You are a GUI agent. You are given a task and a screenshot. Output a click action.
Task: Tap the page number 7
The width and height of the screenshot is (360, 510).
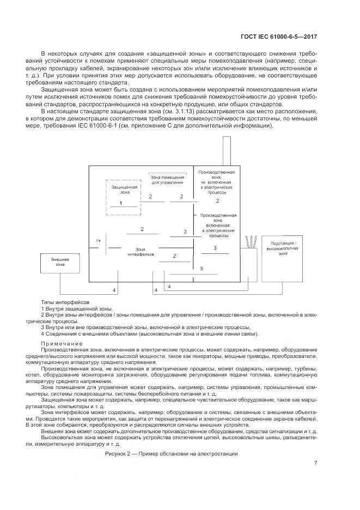pos(316,463)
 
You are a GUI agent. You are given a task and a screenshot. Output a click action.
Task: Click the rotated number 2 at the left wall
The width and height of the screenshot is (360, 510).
pos(99,240)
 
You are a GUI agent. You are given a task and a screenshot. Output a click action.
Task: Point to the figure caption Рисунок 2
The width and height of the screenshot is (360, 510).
pos(171,453)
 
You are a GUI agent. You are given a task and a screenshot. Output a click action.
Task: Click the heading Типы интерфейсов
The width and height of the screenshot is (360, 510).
pos(65,301)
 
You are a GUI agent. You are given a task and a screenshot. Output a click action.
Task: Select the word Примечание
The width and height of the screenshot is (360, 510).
pos(62,343)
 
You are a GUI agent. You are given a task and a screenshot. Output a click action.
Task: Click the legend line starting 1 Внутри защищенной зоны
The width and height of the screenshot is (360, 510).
pos(77,308)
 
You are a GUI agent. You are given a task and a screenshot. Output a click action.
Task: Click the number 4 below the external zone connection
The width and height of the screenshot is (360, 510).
pos(114,290)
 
